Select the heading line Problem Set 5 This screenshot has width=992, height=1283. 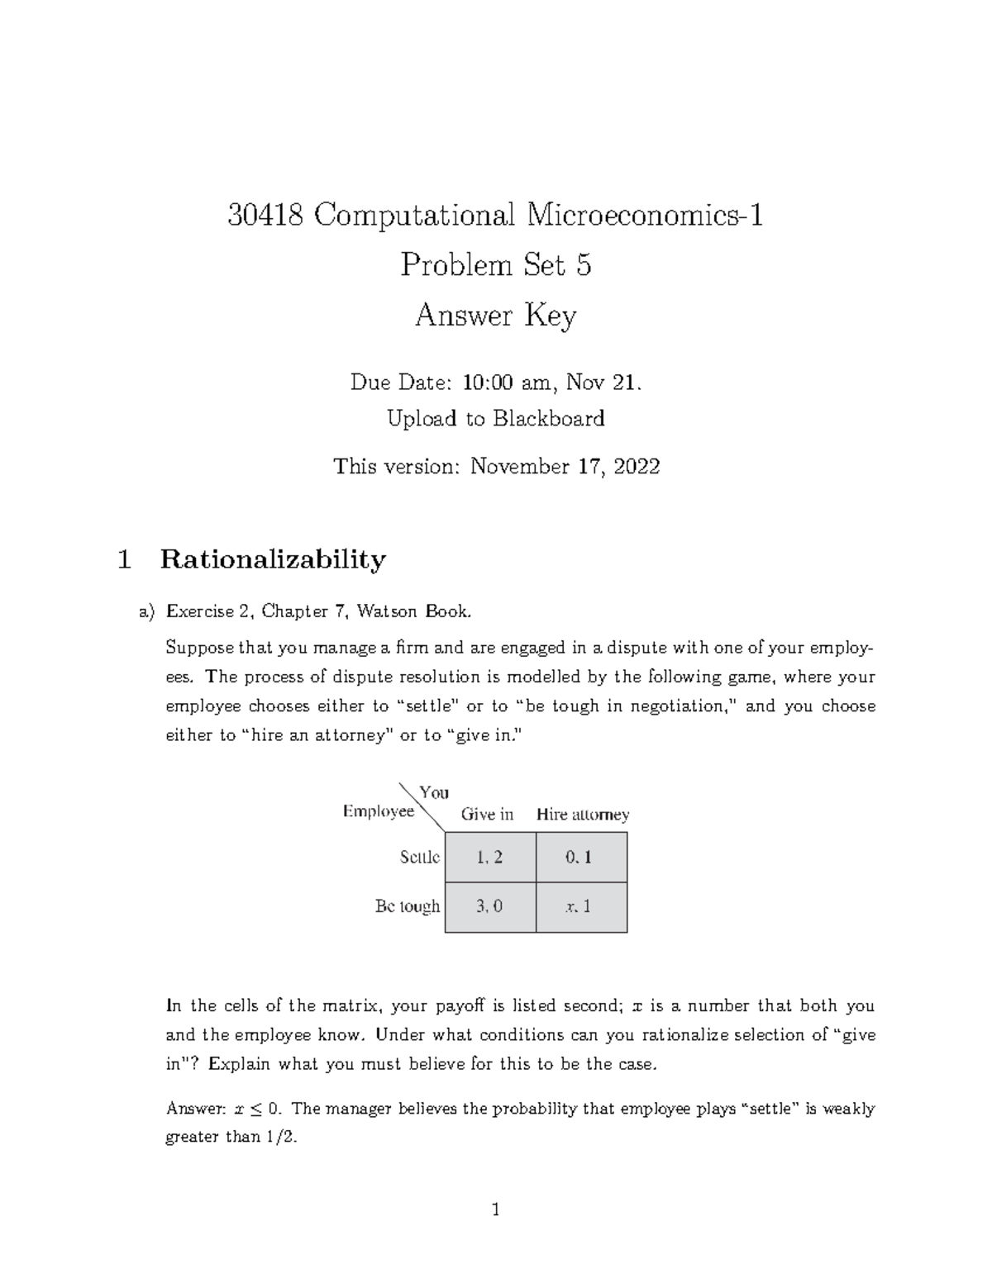pyautogui.click(x=495, y=265)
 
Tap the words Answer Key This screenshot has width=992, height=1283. pyautogui.click(x=495, y=316)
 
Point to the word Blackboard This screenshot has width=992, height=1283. pyautogui.click(x=549, y=419)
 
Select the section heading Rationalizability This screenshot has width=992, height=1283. pyautogui.click(x=273, y=560)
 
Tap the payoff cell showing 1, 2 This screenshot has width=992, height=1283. pyautogui.click(x=489, y=858)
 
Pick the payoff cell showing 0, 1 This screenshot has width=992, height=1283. pyautogui.click(x=580, y=858)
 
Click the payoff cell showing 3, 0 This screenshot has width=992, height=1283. pyautogui.click(x=489, y=906)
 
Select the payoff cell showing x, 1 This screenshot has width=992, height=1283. pyautogui.click(x=580, y=906)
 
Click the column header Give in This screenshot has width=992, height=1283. pyautogui.click(x=487, y=815)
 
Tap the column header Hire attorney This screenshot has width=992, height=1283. pyautogui.click(x=583, y=815)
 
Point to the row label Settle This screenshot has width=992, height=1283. pyautogui.click(x=419, y=858)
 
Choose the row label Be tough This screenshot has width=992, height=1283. pyautogui.click(x=408, y=906)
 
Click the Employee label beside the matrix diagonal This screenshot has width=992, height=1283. pyautogui.click(x=378, y=812)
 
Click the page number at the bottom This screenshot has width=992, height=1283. pyautogui.click(x=495, y=1211)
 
